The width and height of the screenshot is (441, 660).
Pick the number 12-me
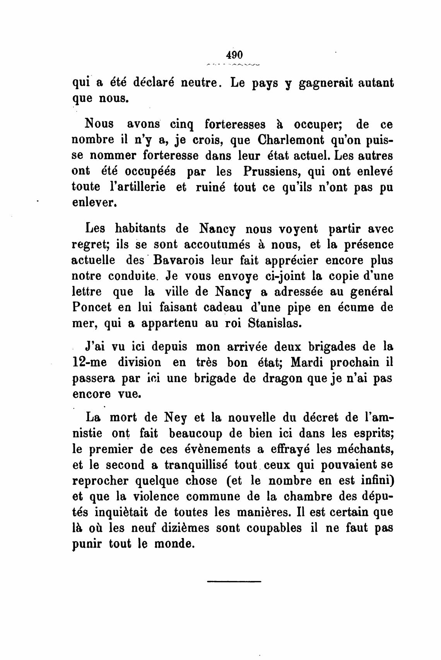89,363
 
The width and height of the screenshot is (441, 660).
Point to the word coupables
271,528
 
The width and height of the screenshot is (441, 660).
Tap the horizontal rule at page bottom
234,581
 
